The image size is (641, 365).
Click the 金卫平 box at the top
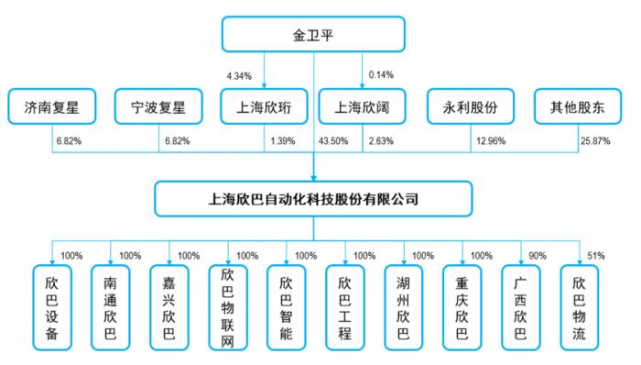(313, 34)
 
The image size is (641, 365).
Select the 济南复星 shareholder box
(52, 106)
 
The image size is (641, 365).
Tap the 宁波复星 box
(158, 106)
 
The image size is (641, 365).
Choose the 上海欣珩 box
(264, 106)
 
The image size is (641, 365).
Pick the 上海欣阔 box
(363, 106)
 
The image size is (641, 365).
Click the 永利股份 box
(471, 106)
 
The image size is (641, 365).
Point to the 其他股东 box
(578, 106)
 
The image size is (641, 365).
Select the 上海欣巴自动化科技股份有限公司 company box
(313, 199)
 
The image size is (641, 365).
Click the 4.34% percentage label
(239, 76)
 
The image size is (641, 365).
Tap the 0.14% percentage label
(381, 75)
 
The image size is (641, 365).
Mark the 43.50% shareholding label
(333, 141)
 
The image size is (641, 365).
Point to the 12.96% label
(491, 141)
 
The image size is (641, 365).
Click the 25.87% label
(595, 141)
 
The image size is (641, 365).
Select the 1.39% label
(282, 141)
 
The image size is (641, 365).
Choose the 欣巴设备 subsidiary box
(52, 308)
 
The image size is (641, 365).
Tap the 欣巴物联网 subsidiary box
(228, 308)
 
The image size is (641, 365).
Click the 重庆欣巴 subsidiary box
(462, 308)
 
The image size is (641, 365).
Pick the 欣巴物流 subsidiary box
(580, 308)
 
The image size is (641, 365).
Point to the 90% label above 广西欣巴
(538, 256)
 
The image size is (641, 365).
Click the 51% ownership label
(595, 256)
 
